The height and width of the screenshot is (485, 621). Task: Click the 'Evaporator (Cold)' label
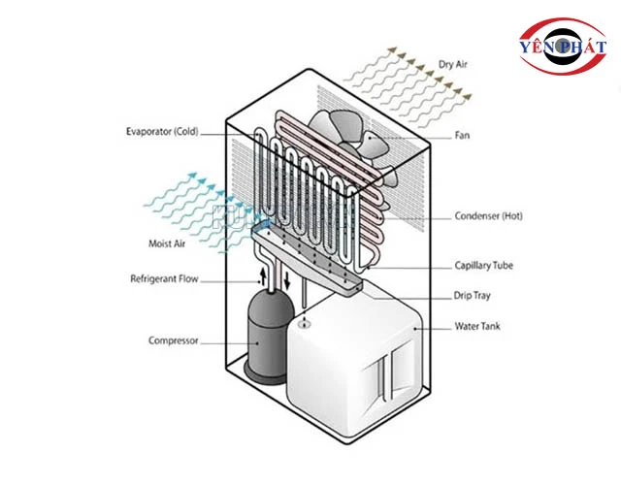point(162,132)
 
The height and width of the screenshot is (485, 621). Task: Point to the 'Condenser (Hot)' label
point(489,215)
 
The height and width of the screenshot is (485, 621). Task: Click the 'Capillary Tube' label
point(484,265)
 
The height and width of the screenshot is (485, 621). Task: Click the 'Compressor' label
point(173,340)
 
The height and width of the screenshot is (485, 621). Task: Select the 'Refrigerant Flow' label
point(164,279)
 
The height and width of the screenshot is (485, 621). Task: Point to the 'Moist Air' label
point(166,242)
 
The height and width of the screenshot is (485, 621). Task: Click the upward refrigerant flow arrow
point(261,277)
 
